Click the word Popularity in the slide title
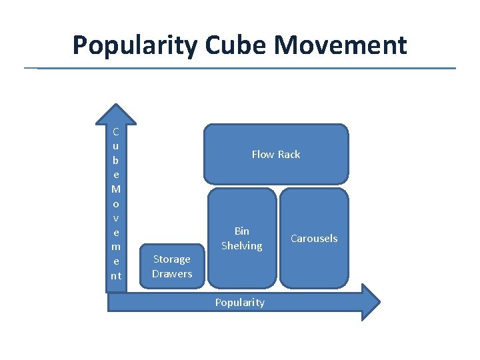point(135,45)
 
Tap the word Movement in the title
point(341,45)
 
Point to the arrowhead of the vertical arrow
point(116,113)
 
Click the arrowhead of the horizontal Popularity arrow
point(371,302)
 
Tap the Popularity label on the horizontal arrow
point(240,303)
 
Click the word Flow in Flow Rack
point(263,154)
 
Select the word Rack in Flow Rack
point(289,154)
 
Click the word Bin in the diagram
point(242,231)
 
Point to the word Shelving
point(242,246)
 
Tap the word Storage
point(172,259)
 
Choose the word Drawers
point(172,273)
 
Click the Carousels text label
point(314,238)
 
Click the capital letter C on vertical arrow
point(116,131)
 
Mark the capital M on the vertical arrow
point(116,189)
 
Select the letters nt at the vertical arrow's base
point(116,275)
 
